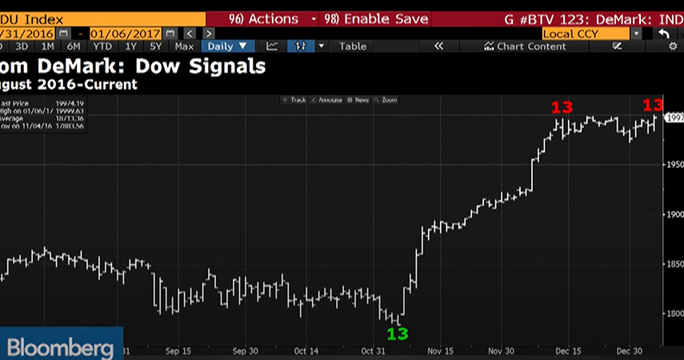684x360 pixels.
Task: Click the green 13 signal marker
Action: (398, 333)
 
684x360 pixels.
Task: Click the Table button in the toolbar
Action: (352, 46)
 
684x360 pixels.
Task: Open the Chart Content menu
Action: (525, 46)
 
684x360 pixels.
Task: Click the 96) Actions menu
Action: (263, 18)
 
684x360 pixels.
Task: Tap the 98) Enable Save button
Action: (374, 18)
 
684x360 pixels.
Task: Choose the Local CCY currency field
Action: (586, 34)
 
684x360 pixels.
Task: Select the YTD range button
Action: (102, 46)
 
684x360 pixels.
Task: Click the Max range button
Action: (183, 46)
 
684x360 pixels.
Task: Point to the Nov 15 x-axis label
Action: (439, 350)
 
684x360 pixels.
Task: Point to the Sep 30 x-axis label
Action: (244, 350)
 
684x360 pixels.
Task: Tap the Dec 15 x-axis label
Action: (570, 350)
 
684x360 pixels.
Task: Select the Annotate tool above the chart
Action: (328, 100)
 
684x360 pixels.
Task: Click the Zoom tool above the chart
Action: (389, 100)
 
